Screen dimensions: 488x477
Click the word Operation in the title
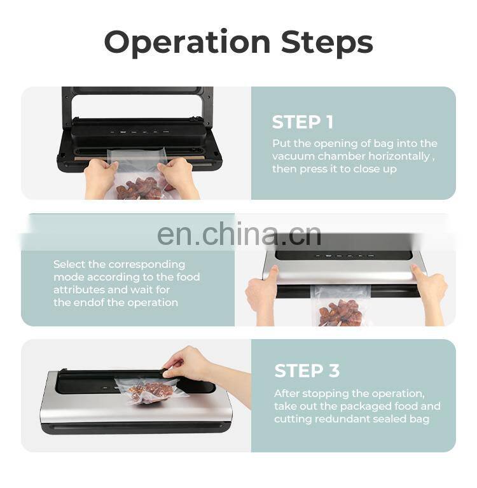187,42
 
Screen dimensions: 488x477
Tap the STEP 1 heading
302,122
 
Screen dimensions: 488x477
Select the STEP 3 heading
307,371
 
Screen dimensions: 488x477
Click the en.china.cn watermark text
238,235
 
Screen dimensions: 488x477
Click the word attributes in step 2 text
77,290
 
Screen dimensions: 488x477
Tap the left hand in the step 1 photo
101,177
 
